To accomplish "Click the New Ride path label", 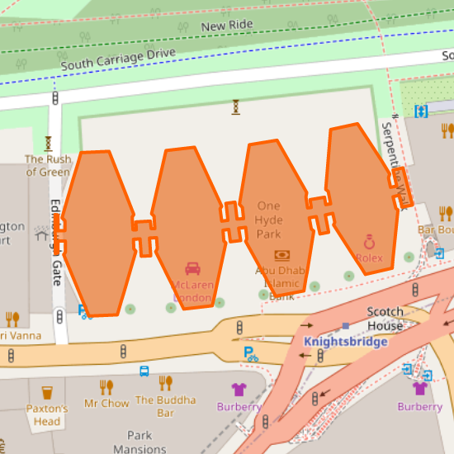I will [x=226, y=26].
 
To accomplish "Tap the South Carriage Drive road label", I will [x=118, y=59].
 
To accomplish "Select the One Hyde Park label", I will [x=269, y=220].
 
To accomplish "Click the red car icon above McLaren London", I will [x=192, y=268].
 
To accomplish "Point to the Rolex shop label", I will [x=370, y=258].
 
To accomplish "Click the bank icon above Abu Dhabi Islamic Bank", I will [x=281, y=256].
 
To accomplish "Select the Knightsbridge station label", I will [x=345, y=341].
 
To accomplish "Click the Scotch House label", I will [x=385, y=319].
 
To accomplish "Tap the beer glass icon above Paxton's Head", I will [x=47, y=392].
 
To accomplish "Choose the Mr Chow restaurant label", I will [x=106, y=404].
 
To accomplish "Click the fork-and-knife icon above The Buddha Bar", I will [x=166, y=383].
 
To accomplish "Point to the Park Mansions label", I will [x=140, y=442].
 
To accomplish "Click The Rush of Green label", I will [x=48, y=165].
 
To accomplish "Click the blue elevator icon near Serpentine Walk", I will [x=422, y=111].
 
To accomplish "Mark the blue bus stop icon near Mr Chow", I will [x=144, y=371].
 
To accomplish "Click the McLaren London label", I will [x=192, y=291].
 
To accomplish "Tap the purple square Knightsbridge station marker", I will [x=345, y=326].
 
